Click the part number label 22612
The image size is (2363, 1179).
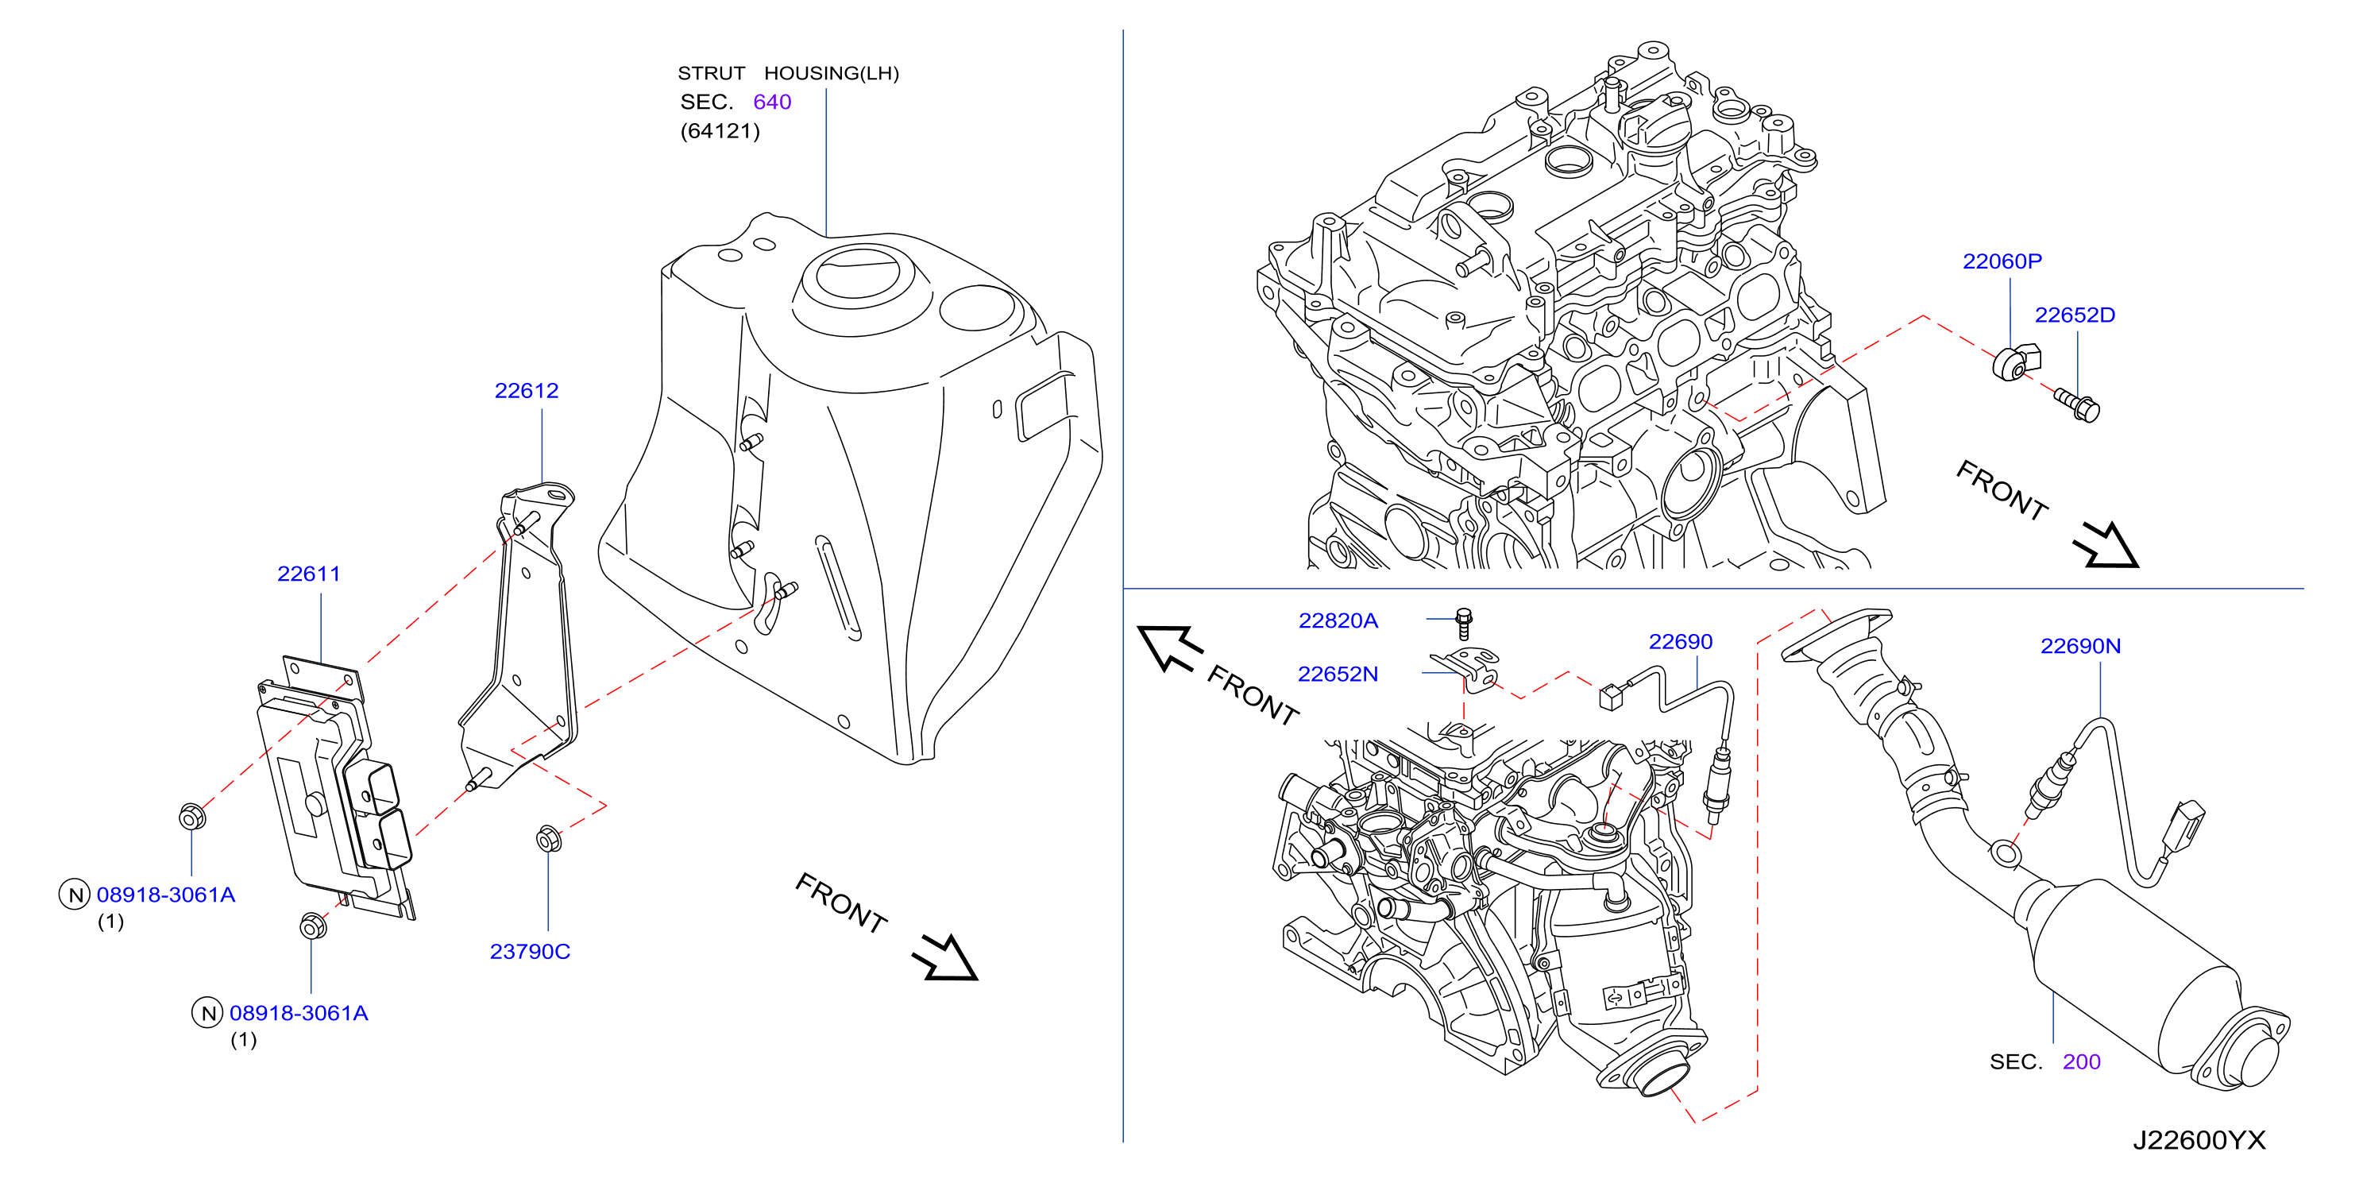click(527, 391)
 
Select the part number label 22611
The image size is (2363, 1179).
click(309, 574)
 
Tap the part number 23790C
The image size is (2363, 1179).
click(531, 952)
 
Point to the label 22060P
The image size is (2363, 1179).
click(2002, 261)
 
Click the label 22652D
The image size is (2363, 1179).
click(2075, 315)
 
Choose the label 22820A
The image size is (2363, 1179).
click(1338, 621)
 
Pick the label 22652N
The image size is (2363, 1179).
click(1338, 675)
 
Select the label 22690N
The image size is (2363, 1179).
click(2080, 646)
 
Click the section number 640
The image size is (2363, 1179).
click(772, 102)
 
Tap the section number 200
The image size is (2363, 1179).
click(2081, 1061)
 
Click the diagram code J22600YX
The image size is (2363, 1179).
click(2199, 1140)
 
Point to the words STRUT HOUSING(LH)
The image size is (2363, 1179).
click(789, 73)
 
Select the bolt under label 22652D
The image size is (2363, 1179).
click(2078, 404)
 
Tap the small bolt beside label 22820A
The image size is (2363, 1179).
click(1464, 623)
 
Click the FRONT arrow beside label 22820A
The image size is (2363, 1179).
click(1169, 647)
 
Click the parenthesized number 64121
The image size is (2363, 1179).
click(720, 131)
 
